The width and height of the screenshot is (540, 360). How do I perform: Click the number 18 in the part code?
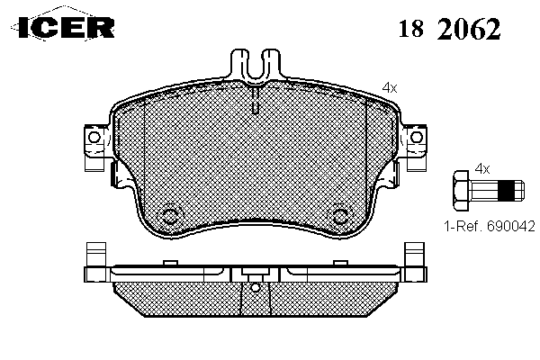(411, 28)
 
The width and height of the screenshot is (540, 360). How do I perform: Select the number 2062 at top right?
(469, 28)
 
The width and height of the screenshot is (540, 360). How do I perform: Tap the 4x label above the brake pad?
(390, 88)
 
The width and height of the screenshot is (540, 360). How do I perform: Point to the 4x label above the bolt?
(482, 169)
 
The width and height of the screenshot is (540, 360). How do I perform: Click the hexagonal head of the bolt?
(461, 190)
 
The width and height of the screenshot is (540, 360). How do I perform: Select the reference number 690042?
(511, 226)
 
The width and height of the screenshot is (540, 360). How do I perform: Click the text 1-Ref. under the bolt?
(463, 226)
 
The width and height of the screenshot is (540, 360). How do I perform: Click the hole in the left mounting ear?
(94, 137)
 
